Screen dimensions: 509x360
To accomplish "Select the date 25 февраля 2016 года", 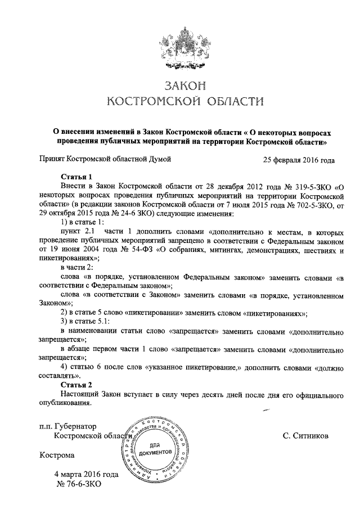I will tap(299, 160).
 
